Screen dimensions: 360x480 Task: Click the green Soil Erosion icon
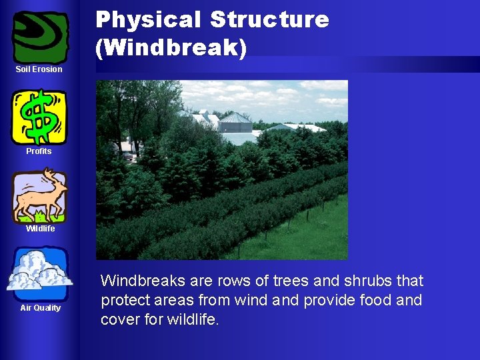point(41,36)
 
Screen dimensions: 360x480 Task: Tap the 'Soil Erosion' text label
point(39,69)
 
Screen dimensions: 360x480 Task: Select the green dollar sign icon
point(39,117)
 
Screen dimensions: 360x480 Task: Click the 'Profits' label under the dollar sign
point(39,151)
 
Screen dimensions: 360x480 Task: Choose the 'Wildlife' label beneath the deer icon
point(40,229)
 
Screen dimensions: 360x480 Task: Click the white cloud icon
point(39,273)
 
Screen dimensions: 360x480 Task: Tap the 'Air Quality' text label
point(40,308)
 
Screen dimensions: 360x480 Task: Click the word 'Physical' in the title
point(149,20)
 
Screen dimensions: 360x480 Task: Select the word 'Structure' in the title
point(269,20)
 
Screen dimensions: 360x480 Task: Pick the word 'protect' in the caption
point(125,301)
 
